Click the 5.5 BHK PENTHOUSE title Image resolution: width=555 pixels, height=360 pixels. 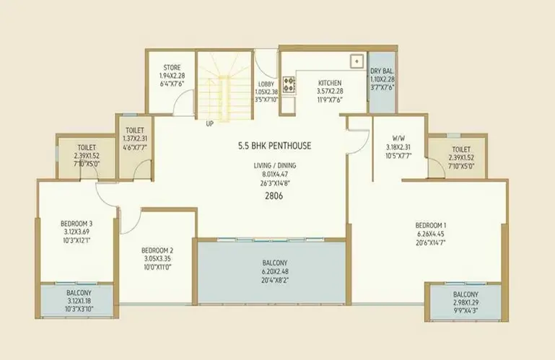(275, 146)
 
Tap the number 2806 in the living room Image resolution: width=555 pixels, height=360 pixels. (274, 196)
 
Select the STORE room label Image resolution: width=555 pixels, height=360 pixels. (172, 67)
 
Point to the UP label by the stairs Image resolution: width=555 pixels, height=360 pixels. (210, 124)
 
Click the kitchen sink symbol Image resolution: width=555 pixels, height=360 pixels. (357, 61)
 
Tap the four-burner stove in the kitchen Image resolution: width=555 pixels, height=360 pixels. (289, 84)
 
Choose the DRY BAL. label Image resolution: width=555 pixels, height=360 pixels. (383, 71)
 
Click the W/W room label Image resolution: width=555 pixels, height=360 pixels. (398, 138)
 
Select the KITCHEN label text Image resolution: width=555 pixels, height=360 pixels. (330, 83)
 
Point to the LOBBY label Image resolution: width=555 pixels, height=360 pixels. (266, 84)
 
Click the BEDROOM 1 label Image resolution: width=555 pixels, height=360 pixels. (431, 226)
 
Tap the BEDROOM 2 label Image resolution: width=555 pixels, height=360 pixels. (157, 250)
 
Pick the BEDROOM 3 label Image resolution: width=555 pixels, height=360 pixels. (77, 224)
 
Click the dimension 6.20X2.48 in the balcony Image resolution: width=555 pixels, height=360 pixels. (275, 272)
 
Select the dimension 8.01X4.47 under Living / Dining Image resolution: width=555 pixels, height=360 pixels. (275, 174)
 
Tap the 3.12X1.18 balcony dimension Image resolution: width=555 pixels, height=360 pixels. (79, 302)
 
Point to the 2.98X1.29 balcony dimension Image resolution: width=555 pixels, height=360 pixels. (466, 303)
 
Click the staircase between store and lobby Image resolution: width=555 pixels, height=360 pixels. (224, 86)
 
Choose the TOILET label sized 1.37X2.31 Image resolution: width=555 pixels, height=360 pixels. (135, 131)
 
